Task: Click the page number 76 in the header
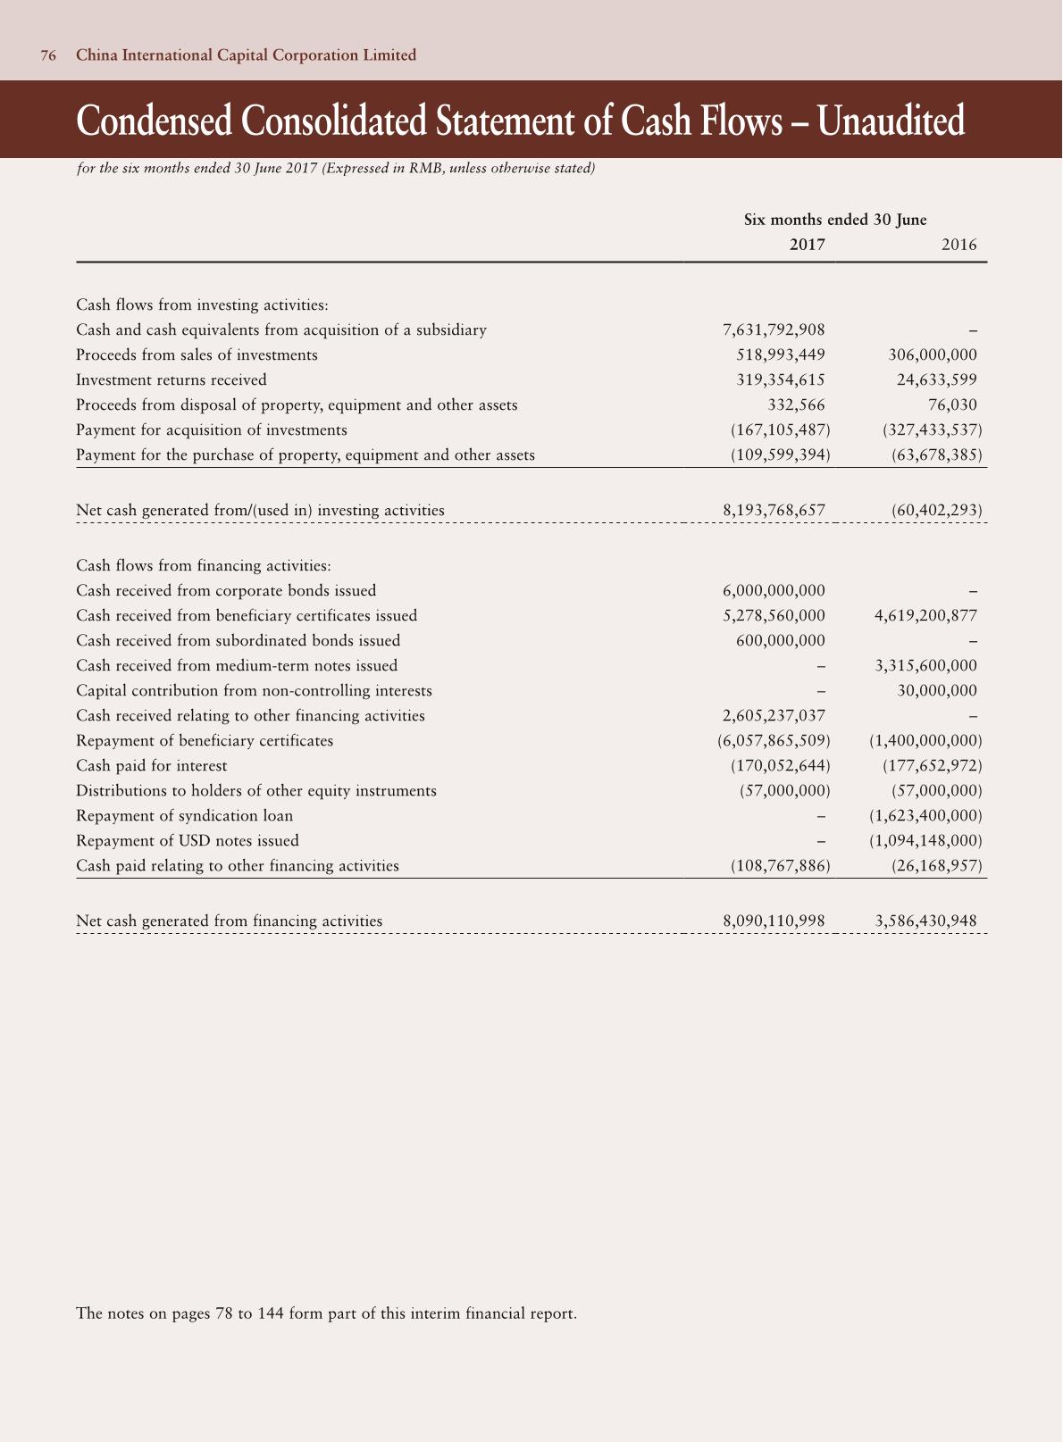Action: pyautogui.click(x=48, y=55)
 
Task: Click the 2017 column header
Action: pyautogui.click(x=807, y=245)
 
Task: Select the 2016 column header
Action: pyautogui.click(x=958, y=245)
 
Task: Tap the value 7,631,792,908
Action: pyautogui.click(x=774, y=330)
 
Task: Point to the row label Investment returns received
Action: pyautogui.click(x=172, y=380)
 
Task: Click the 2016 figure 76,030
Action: pyautogui.click(x=952, y=405)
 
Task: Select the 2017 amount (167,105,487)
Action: pyautogui.click(x=780, y=430)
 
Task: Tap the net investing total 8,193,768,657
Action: pyautogui.click(x=774, y=511)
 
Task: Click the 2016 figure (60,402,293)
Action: pyautogui.click(x=936, y=511)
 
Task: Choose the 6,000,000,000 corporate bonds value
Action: pyautogui.click(x=774, y=591)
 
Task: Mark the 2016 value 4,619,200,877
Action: pyautogui.click(x=925, y=616)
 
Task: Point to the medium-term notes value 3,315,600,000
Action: pyautogui.click(x=925, y=666)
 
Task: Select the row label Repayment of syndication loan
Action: pyautogui.click(x=185, y=816)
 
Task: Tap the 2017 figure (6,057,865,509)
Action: pyautogui.click(x=774, y=741)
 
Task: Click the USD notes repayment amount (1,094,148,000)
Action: pyautogui.click(x=925, y=841)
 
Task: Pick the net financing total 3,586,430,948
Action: pyautogui.click(x=925, y=921)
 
